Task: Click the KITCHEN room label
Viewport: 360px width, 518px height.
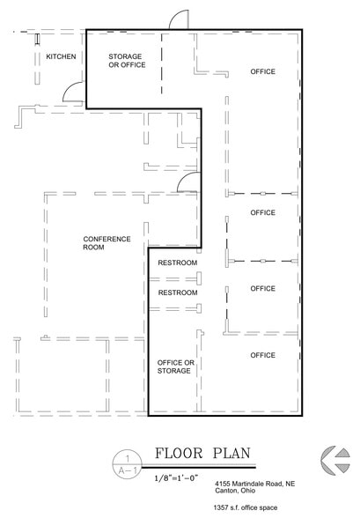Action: (62, 57)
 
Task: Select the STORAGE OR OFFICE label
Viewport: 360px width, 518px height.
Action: (125, 61)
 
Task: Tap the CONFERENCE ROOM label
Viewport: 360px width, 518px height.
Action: (107, 243)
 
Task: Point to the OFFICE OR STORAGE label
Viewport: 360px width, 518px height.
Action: (174, 366)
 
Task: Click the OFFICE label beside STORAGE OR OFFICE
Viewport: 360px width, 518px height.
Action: (262, 71)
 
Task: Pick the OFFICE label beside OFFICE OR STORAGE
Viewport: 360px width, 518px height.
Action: (262, 355)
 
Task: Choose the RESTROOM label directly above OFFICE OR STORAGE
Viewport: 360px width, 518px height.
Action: (177, 292)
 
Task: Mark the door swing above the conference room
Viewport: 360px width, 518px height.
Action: (187, 182)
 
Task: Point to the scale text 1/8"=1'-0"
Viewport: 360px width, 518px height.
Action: (183, 477)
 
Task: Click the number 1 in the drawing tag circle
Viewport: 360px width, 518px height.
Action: (129, 457)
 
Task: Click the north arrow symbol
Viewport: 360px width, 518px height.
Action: (334, 460)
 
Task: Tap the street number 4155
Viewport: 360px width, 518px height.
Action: (224, 485)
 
